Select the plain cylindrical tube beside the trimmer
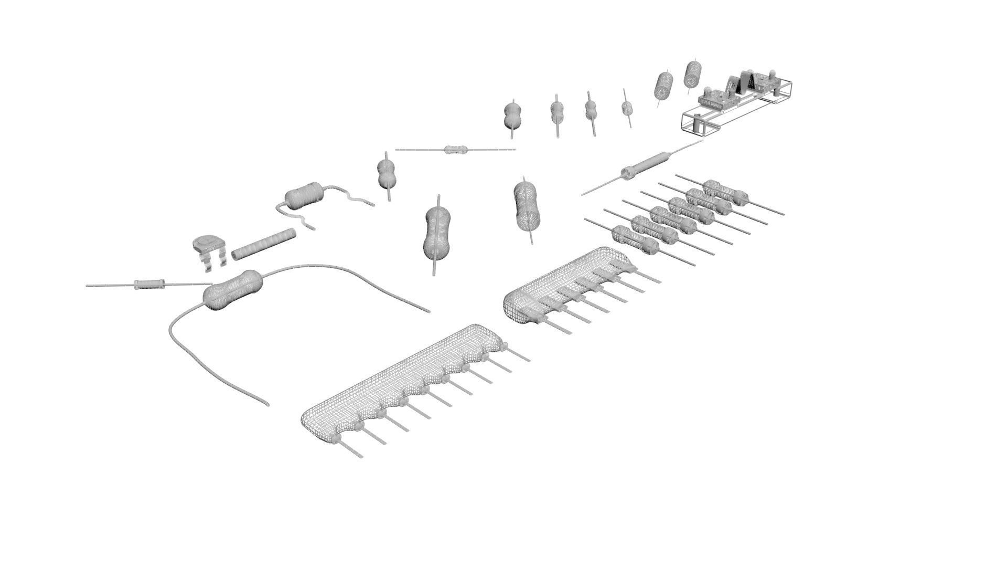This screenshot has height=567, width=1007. click(264, 245)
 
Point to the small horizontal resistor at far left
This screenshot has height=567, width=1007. click(150, 285)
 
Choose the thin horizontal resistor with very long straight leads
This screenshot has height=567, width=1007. click(454, 150)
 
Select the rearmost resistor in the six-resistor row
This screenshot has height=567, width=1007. click(725, 192)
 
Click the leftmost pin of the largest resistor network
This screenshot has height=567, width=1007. click(350, 449)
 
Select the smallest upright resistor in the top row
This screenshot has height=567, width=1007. click(627, 108)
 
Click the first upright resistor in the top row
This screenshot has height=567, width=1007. click(511, 116)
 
